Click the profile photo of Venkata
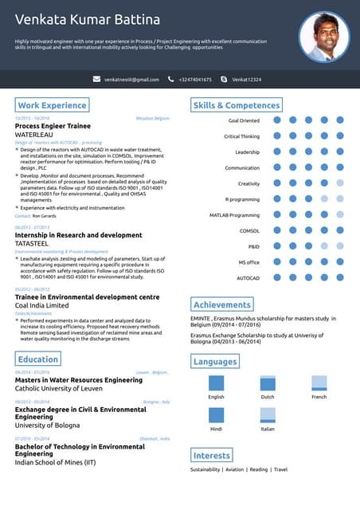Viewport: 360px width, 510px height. [324, 37]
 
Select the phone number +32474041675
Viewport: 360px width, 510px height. [195, 80]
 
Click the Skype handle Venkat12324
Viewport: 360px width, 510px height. [246, 80]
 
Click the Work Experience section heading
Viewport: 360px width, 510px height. [52, 105]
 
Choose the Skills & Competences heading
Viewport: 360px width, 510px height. [237, 105]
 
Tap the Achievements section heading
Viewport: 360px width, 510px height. [222, 304]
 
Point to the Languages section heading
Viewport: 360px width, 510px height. [215, 362]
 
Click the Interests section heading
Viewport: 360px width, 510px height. [212, 455]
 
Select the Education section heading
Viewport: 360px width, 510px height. [38, 359]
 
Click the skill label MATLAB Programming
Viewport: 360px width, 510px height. [234, 215]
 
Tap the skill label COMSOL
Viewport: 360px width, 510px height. [249, 230]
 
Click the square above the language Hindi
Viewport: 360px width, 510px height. [216, 415]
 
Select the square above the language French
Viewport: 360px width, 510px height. [319, 382]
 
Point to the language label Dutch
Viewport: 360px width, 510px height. [268, 397]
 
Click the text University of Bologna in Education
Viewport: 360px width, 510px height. [48, 426]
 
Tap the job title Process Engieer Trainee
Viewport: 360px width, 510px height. [53, 127]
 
